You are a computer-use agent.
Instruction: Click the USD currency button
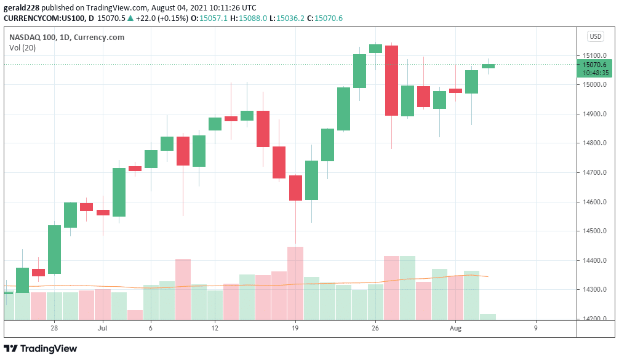tap(595, 36)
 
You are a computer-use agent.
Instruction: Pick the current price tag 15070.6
tap(594, 65)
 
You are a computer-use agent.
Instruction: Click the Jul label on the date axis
tap(102, 329)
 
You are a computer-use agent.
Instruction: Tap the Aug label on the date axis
tap(455, 329)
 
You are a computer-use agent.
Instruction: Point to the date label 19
tap(295, 329)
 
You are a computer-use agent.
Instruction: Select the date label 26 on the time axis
tap(375, 329)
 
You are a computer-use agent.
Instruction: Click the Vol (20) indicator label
tap(22, 48)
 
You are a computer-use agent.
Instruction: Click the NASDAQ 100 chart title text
tap(66, 37)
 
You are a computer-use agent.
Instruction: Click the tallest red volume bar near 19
tap(295, 283)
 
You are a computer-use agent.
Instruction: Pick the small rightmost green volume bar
tap(488, 316)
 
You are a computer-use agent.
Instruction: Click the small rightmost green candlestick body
tap(488, 66)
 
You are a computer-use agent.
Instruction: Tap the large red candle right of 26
tap(391, 80)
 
